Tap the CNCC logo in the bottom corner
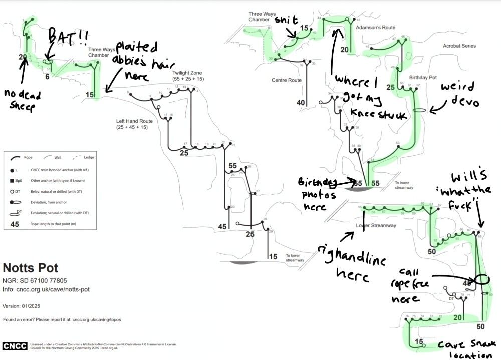click(16, 346)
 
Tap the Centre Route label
click(286, 80)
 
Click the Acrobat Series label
click(459, 46)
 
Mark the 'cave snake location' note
click(466, 349)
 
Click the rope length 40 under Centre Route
click(301, 103)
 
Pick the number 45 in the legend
click(15, 224)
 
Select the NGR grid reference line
click(35, 281)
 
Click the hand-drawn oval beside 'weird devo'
click(420, 110)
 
